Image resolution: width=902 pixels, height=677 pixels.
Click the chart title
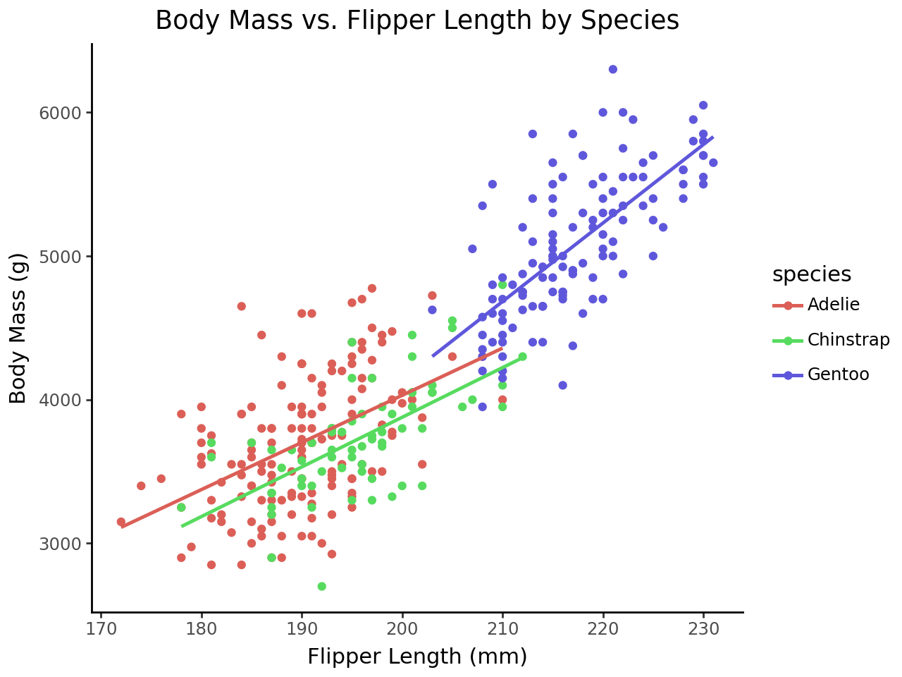point(416,20)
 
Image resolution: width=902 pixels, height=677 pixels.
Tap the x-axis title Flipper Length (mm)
point(416,657)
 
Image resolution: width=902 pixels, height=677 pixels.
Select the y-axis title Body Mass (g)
point(18,328)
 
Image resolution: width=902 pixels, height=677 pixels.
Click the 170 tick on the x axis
point(101,627)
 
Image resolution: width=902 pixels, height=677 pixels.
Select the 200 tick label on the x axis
point(402,627)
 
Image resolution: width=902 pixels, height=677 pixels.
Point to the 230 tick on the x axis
point(703,627)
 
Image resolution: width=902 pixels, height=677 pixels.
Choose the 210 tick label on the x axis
point(502,627)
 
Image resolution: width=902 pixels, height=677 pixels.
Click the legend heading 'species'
point(811,274)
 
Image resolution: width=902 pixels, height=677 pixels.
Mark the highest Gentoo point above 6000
point(612,69)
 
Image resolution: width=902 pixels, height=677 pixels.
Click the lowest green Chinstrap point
point(321,586)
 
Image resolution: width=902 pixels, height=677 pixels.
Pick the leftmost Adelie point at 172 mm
point(121,522)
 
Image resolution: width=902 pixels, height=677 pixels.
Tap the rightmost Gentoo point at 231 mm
point(713,163)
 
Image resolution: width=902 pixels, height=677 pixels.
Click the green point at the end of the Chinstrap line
point(522,357)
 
